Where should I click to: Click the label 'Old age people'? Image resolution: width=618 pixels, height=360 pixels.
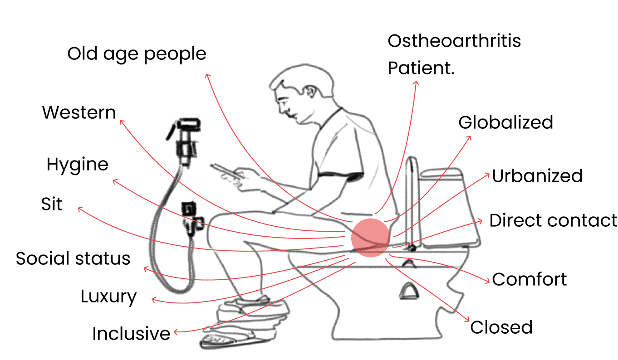(x=137, y=54)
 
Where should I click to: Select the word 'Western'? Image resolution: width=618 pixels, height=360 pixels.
(x=79, y=112)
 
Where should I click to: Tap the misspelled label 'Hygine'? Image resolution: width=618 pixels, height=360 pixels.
(x=77, y=165)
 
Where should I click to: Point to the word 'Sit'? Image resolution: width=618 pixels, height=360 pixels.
(x=52, y=204)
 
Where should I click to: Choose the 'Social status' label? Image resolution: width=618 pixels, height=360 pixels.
(x=73, y=258)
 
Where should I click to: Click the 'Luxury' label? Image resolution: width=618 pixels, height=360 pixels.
(x=109, y=297)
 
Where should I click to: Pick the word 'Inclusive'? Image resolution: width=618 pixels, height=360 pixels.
(x=131, y=334)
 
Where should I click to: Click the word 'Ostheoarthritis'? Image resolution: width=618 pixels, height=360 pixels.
(x=454, y=41)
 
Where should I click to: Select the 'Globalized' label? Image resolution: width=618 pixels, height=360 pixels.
(x=506, y=122)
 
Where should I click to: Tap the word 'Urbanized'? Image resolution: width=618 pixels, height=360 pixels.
(x=537, y=176)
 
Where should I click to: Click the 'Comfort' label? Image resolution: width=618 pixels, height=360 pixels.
(x=530, y=279)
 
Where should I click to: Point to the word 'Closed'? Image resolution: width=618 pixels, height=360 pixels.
(x=501, y=327)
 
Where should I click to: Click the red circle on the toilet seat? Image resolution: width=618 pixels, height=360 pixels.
(x=371, y=238)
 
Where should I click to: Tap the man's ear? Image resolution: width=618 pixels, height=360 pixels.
(x=310, y=92)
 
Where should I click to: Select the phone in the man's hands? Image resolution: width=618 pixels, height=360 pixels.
(x=227, y=171)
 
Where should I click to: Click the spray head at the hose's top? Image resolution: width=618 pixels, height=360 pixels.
(x=189, y=125)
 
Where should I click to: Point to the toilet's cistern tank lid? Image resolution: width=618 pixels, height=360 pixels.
(x=441, y=173)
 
